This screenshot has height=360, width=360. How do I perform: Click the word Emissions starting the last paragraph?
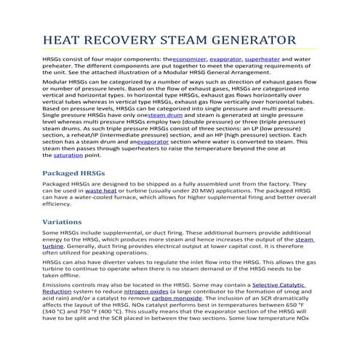click(60, 284)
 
